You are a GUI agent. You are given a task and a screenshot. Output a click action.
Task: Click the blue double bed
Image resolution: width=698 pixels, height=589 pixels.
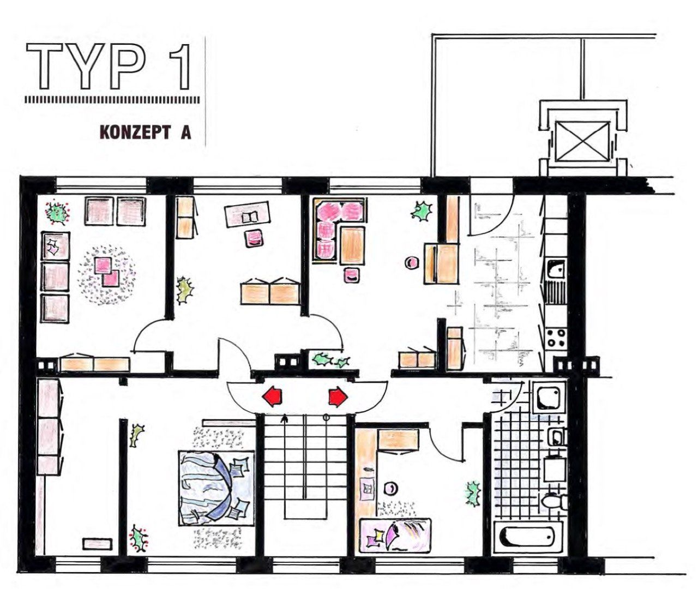[x=217, y=489]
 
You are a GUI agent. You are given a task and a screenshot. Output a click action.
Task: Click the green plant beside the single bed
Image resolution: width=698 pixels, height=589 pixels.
[x=472, y=493]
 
